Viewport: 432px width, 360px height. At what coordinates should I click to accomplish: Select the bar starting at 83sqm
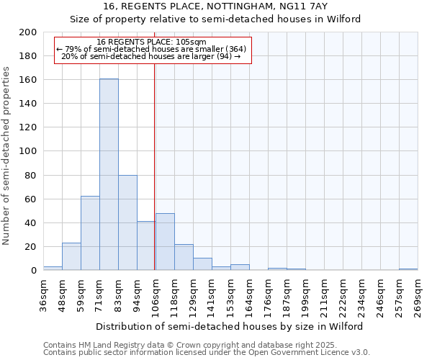pos(127,222)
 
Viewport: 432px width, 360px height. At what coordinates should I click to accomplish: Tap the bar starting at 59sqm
pos(90,233)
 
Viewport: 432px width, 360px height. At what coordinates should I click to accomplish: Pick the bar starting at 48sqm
pos(71,256)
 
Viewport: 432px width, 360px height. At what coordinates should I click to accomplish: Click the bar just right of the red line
pos(165,242)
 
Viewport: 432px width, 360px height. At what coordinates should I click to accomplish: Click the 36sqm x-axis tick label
pos(44,295)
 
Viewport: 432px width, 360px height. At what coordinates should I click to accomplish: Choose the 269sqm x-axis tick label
pos(418,295)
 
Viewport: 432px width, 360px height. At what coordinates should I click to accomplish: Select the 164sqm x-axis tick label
pos(250,295)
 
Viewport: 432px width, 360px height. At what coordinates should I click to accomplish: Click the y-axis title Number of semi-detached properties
pos(7,156)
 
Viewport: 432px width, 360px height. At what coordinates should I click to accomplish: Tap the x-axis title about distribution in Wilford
pos(230,326)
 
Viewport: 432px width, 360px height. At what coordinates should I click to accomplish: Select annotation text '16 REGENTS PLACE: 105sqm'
pos(151,42)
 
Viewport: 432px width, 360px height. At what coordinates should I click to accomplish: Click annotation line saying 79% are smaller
pos(151,49)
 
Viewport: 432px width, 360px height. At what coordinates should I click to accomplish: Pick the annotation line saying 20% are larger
pos(151,56)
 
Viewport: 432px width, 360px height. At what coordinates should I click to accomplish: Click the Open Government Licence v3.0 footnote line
pos(206,353)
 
